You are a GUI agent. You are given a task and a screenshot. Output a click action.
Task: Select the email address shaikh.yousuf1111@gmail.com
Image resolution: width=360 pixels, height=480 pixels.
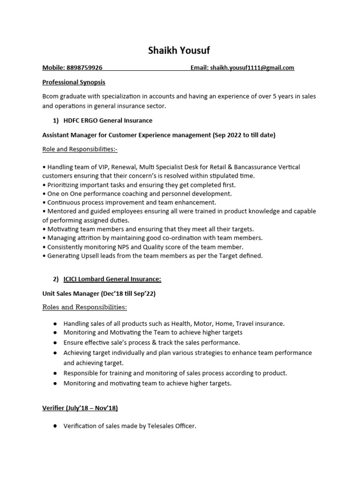pos(252,68)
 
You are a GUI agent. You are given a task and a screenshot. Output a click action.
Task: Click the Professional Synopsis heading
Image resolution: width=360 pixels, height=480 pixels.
pos(74,82)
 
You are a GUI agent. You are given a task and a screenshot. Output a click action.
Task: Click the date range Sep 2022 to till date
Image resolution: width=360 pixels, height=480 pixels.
pos(243,135)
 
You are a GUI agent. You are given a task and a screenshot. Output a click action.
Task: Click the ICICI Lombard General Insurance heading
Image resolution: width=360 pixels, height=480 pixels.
pos(112,279)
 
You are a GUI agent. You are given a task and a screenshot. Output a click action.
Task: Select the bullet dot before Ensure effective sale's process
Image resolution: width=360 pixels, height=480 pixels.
pos(55,343)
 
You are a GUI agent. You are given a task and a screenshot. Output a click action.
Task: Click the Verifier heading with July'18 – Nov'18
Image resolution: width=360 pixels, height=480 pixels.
pos(80,408)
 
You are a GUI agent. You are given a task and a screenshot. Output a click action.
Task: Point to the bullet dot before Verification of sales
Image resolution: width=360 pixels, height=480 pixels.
pos(55,426)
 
